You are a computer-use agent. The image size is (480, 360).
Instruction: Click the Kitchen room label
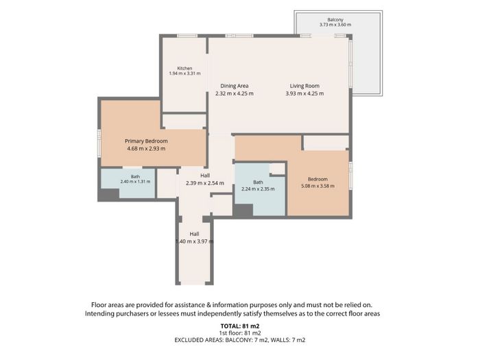pos(184,69)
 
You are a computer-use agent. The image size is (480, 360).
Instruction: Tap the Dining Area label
pos(235,86)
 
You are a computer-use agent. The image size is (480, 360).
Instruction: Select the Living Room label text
pos(304,86)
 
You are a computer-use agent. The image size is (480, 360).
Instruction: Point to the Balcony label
pos(335,20)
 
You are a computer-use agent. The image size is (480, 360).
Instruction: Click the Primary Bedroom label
pos(146,141)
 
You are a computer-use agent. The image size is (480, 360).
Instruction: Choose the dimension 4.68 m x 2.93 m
pos(146,149)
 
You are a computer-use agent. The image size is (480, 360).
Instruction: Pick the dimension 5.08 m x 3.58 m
pos(317,186)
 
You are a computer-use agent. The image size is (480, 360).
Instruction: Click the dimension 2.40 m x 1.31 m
pos(135,182)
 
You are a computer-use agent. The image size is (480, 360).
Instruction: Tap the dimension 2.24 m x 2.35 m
pos(258,189)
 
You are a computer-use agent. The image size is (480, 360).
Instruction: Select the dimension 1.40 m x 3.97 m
pos(194,241)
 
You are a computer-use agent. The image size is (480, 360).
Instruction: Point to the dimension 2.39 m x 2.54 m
pos(205,183)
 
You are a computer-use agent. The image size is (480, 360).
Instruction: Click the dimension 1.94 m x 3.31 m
pos(184,73)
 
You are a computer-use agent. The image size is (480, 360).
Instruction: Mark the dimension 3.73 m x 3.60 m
pos(335,25)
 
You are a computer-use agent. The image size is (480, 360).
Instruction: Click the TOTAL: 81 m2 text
pos(240,326)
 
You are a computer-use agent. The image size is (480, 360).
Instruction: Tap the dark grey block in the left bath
pos(108,195)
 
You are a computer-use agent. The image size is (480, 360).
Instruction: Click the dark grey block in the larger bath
pos(243,211)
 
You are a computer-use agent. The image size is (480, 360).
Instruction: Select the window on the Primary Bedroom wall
pos(99,143)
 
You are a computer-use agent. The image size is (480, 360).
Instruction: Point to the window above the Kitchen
pos(187,36)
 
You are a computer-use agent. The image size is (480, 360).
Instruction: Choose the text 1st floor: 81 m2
pos(240,333)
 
